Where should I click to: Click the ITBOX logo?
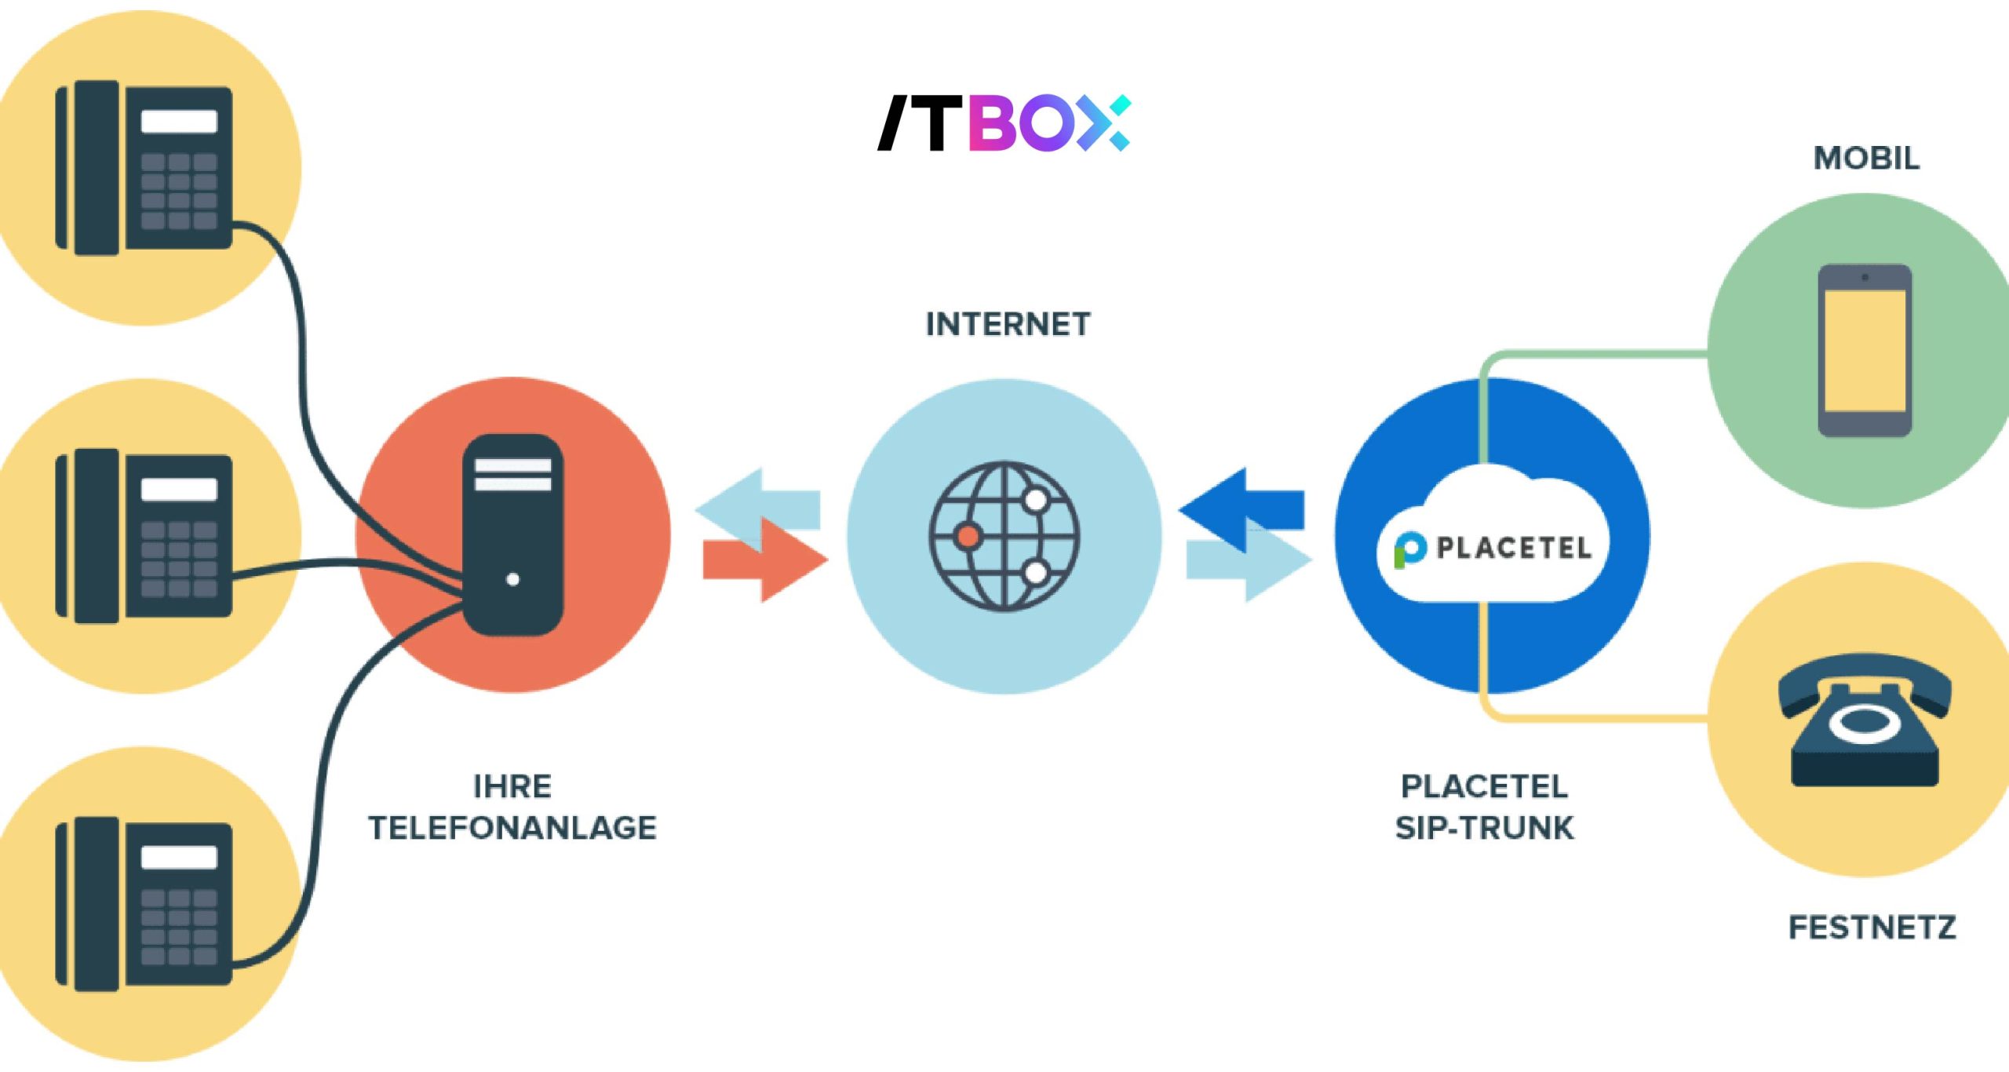pyautogui.click(x=1004, y=123)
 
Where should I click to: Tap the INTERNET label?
pyautogui.click(x=1008, y=324)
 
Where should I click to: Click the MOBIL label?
pyautogui.click(x=1866, y=159)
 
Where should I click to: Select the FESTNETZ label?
pyautogui.click(x=1872, y=928)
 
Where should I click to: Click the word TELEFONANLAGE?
pyautogui.click(x=512, y=828)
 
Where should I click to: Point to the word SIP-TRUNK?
pyautogui.click(x=1484, y=828)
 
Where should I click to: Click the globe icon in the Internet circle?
pyautogui.click(x=1004, y=537)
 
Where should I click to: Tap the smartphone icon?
pyautogui.click(x=1865, y=350)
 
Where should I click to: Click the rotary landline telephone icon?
pyautogui.click(x=1865, y=720)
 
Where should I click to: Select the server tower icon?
pyautogui.click(x=513, y=534)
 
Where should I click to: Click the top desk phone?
pyautogui.click(x=144, y=168)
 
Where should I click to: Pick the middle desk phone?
pyautogui.click(x=144, y=536)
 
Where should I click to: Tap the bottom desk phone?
pyautogui.click(x=144, y=904)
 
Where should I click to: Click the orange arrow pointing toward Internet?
pyautogui.click(x=765, y=560)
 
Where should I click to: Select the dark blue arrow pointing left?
pyautogui.click(x=1241, y=510)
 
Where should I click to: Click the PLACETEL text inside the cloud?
pyautogui.click(x=1514, y=548)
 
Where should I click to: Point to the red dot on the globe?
pyautogui.click(x=968, y=537)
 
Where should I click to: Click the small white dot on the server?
pyautogui.click(x=513, y=580)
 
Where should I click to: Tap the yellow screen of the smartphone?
pyautogui.click(x=1865, y=350)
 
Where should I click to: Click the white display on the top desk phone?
pyautogui.click(x=179, y=121)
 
